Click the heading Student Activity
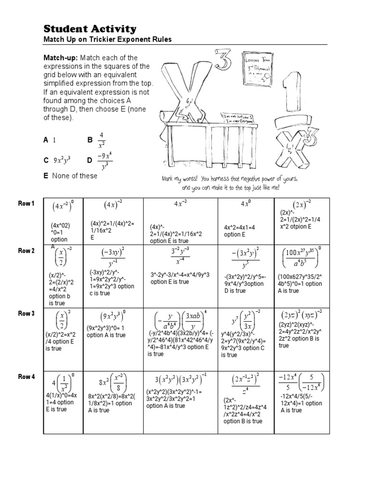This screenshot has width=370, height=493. point(90,29)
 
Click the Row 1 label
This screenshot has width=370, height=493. point(26,204)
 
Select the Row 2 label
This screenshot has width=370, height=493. point(26,251)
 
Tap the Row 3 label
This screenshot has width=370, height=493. point(26,313)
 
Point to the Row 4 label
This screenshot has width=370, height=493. point(26,377)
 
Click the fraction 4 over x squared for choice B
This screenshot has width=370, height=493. point(101,140)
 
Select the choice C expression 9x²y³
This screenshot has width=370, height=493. point(62,160)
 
